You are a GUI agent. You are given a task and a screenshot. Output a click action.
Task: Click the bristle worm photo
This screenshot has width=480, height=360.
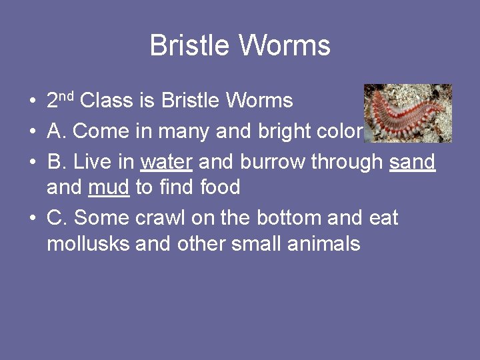[x=408, y=113]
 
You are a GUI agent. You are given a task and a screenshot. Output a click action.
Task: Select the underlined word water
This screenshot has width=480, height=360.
[x=167, y=162]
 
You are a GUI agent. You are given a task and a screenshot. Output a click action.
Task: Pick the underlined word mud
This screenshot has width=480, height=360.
[x=109, y=187]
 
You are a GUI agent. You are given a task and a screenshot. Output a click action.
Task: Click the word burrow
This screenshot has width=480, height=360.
[x=274, y=162]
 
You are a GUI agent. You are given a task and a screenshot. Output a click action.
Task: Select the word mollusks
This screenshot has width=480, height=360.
[x=87, y=243]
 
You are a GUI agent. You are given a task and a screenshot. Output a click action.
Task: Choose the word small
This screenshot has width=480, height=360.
[x=257, y=243]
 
